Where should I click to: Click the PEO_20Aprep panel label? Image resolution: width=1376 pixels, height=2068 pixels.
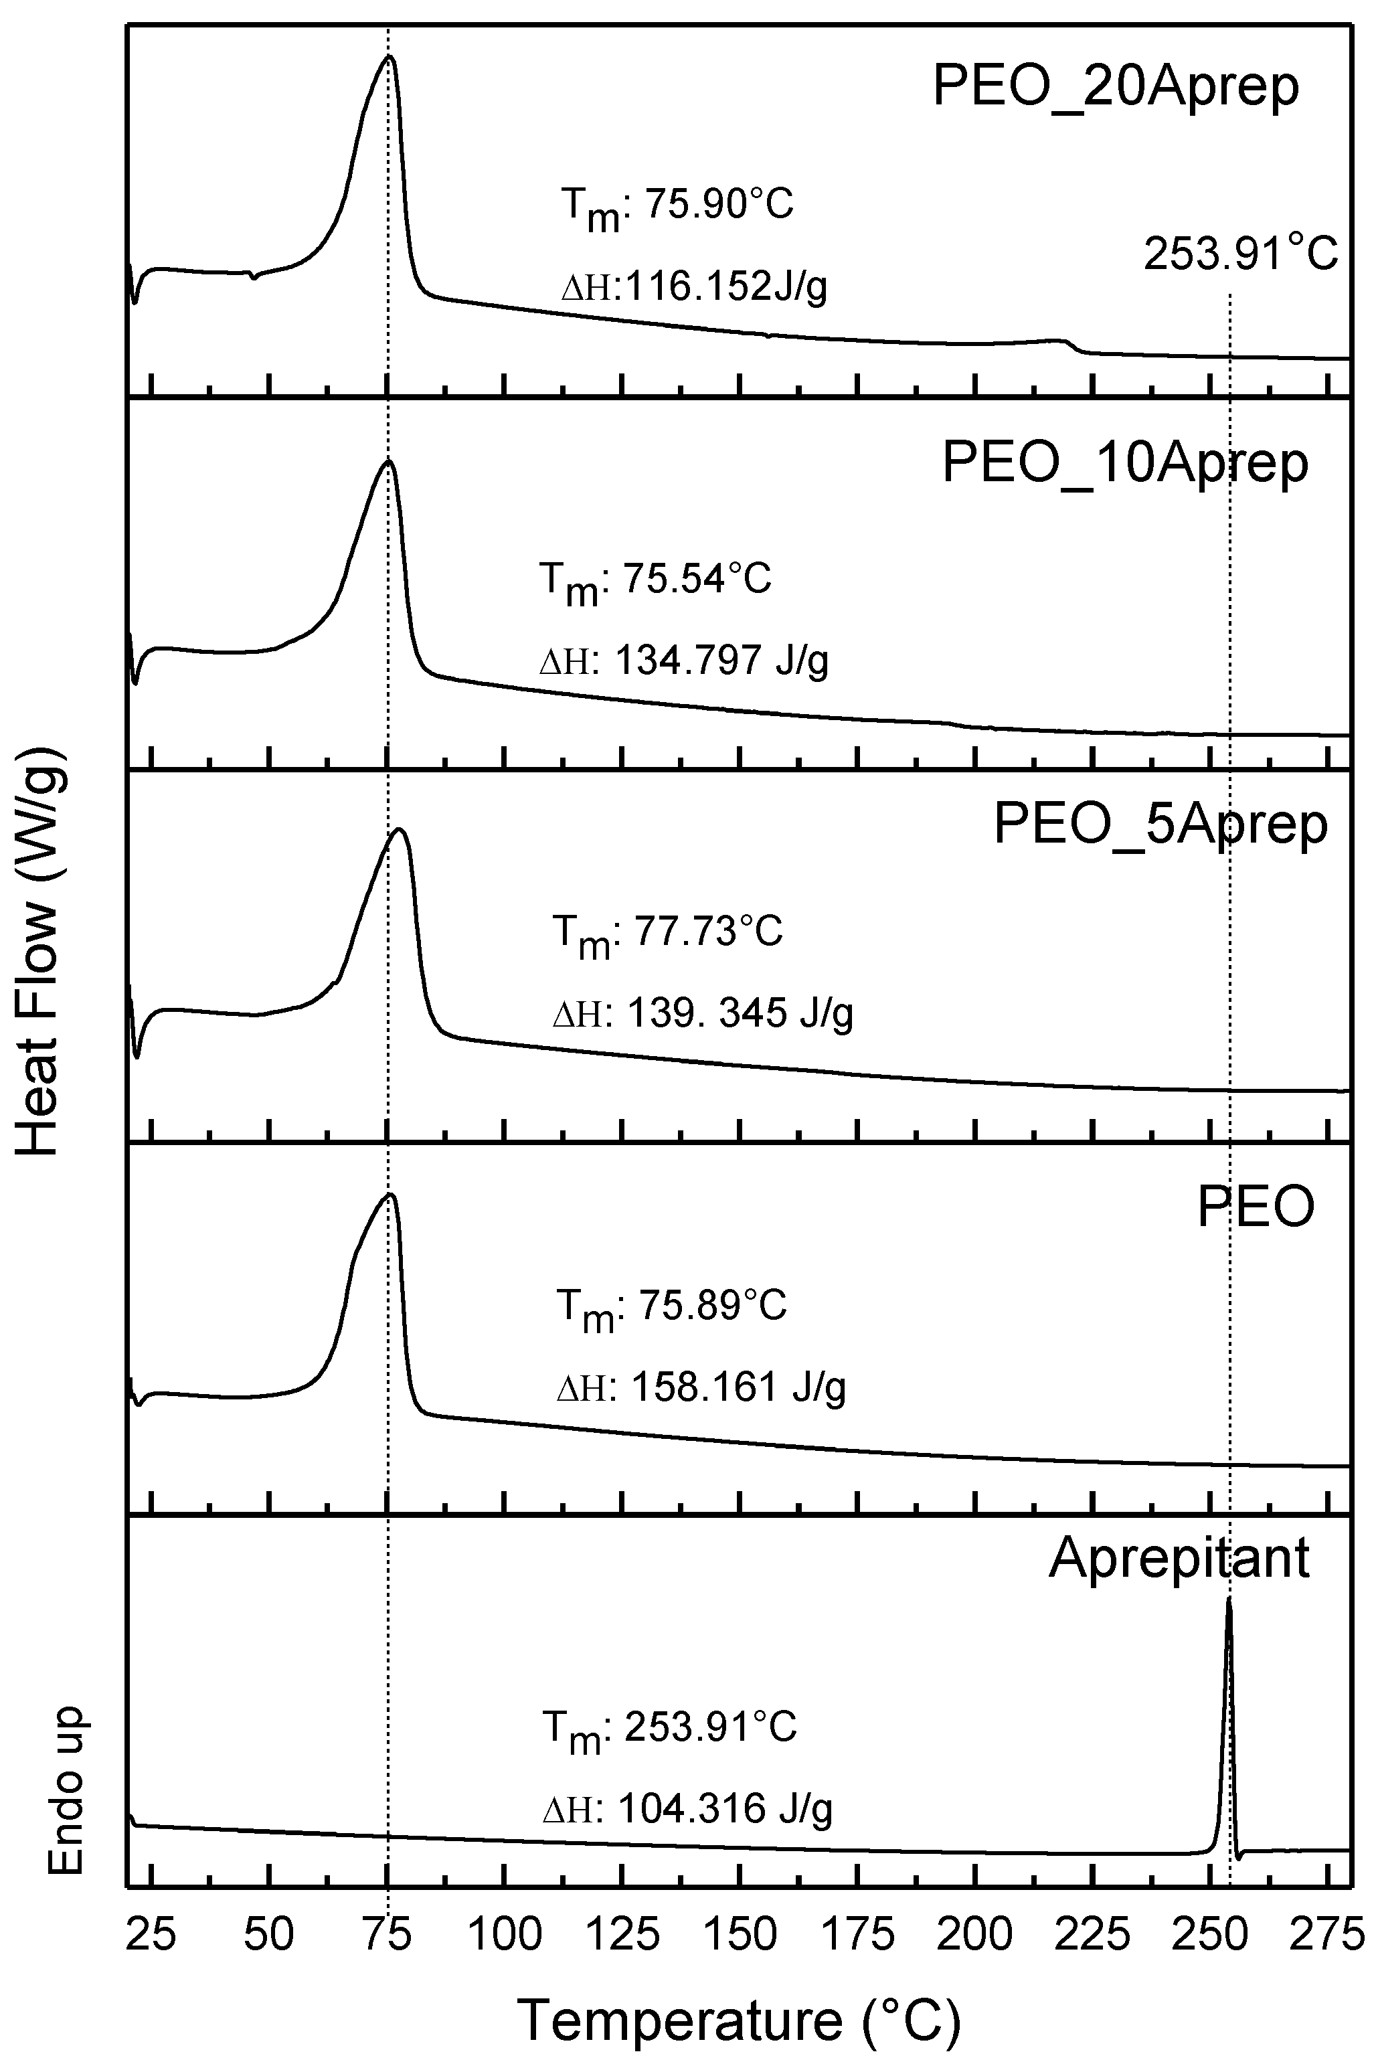[1116, 88]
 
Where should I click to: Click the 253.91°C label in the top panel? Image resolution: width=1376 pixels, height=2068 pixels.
[1240, 255]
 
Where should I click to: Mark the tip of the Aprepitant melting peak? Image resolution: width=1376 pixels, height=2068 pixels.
[1229, 1600]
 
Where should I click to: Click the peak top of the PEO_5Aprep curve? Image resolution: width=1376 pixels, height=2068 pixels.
[400, 829]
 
